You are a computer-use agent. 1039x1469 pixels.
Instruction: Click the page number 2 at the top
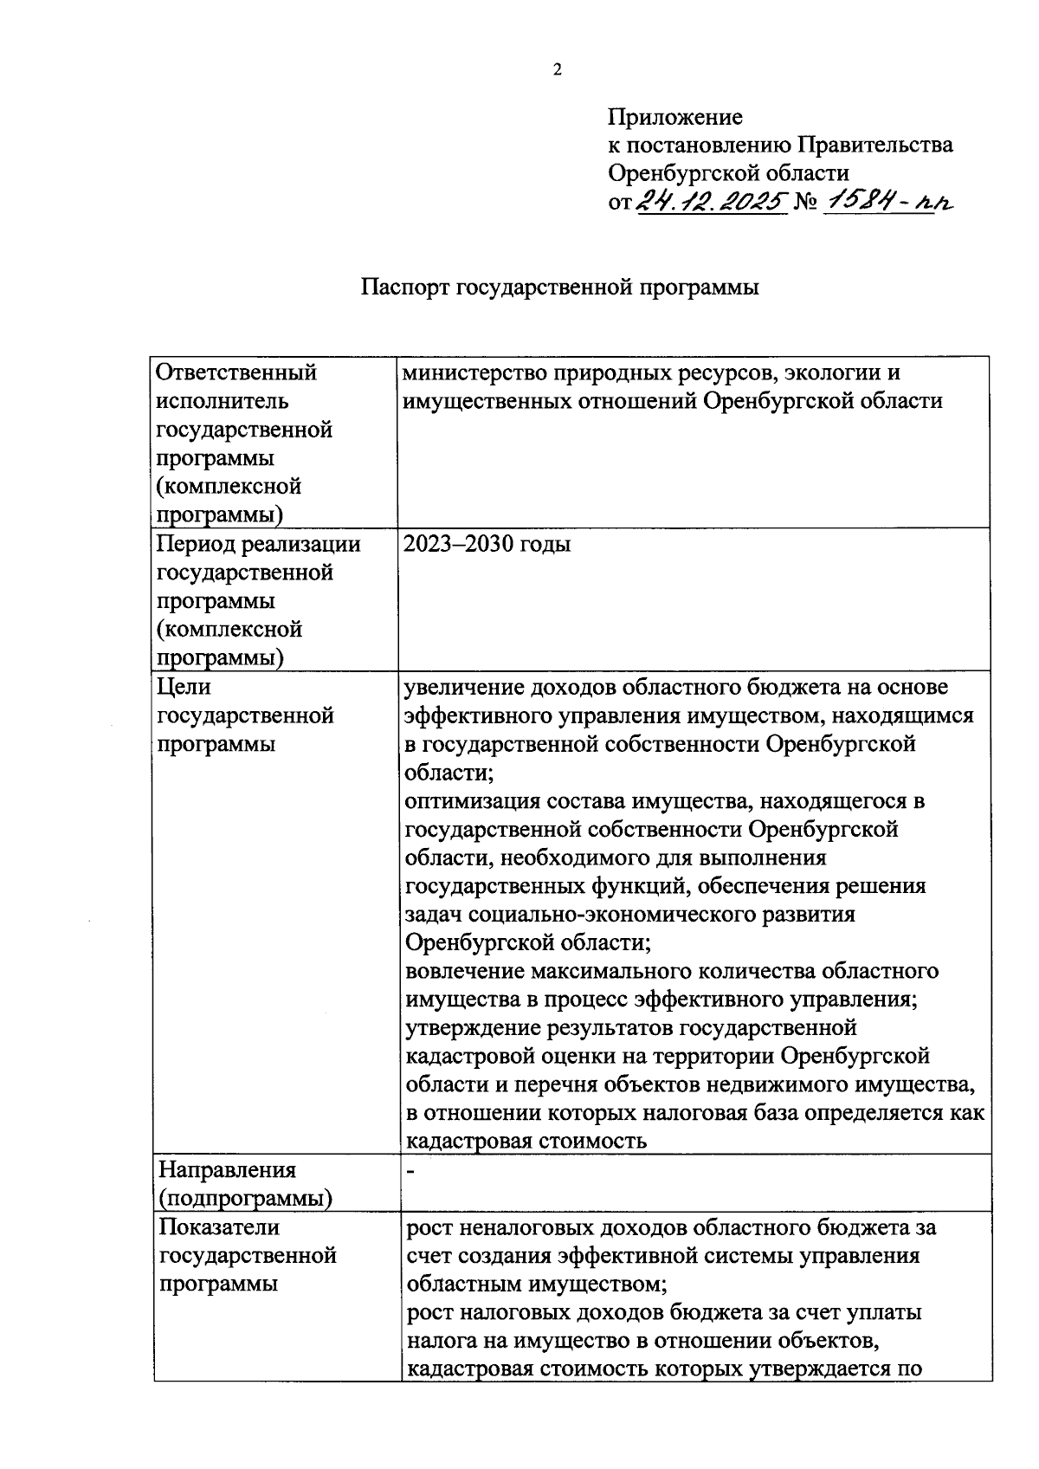coord(558,71)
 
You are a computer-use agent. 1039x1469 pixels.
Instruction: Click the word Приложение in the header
coord(674,116)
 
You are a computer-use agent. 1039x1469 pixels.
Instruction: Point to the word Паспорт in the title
coord(404,288)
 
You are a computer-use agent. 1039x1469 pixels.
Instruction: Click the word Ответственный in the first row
coord(236,372)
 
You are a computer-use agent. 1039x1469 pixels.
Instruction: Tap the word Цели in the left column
coord(184,687)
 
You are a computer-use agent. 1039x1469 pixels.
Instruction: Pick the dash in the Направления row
coord(412,1171)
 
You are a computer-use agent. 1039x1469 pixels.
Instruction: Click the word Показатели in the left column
coord(219,1226)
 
